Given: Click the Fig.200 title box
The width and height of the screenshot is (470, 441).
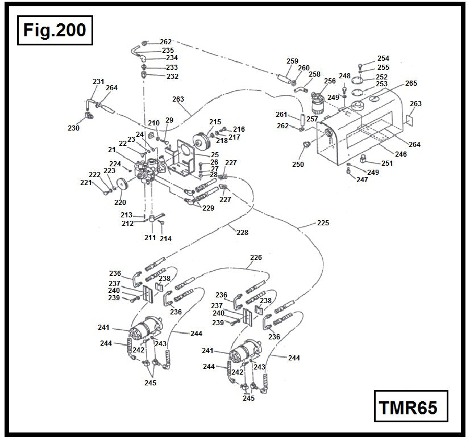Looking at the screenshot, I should click(55, 30).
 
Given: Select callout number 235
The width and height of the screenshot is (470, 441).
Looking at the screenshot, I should click(168, 51).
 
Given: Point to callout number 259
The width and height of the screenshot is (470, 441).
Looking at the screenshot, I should click(293, 61).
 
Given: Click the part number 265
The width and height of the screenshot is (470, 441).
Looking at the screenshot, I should click(411, 83).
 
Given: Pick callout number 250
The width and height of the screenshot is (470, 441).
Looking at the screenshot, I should click(298, 165).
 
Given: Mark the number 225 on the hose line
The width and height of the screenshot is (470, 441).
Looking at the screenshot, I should click(323, 223).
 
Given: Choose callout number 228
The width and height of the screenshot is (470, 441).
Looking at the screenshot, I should click(242, 233).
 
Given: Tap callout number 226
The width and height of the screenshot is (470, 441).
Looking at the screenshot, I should click(256, 258).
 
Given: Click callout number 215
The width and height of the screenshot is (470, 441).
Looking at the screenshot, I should click(215, 122).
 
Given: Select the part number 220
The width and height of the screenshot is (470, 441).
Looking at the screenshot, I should click(120, 202).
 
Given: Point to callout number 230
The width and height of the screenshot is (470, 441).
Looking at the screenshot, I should click(73, 128).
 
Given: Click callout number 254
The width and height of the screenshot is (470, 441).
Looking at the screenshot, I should click(383, 58).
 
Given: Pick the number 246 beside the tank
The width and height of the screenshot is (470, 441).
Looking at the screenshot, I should click(401, 154).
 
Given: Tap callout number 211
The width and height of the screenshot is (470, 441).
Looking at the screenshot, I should click(149, 238).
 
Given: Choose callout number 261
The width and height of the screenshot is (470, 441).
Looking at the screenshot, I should click(282, 115).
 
